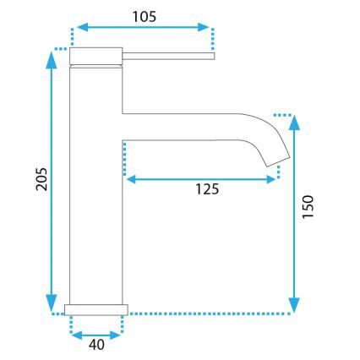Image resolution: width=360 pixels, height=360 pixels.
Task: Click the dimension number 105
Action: [144, 14]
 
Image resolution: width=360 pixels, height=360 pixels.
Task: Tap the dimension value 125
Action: [203, 189]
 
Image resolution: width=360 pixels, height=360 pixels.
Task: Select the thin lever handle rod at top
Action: [169, 57]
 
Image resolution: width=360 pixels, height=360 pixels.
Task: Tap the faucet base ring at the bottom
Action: [96, 308]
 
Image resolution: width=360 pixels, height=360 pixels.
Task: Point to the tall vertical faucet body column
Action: [95, 186]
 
